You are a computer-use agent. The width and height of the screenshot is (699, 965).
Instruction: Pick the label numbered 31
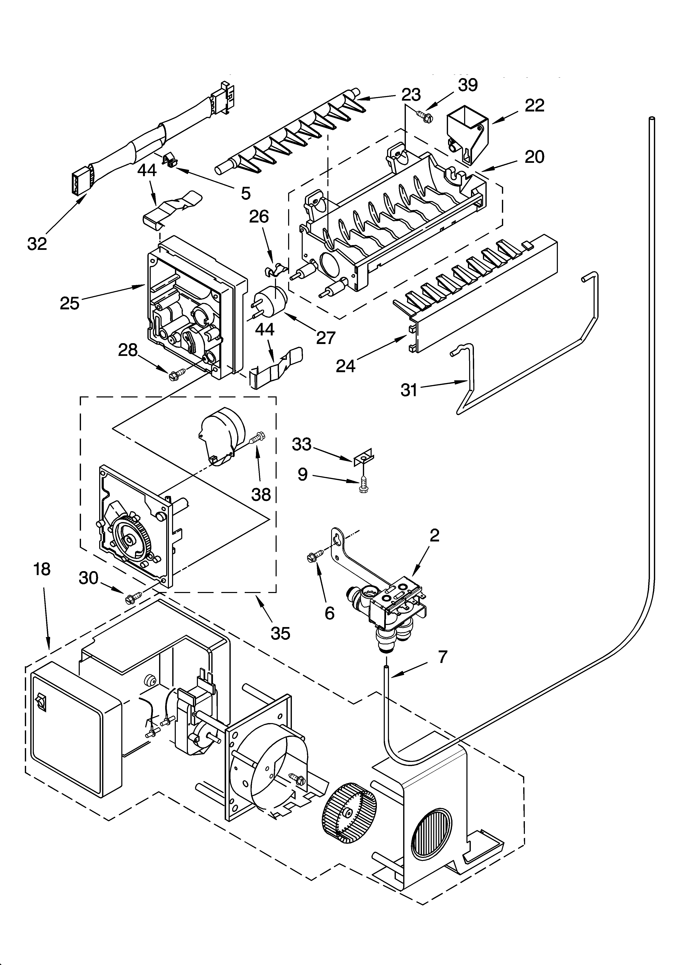pyautogui.click(x=409, y=390)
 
